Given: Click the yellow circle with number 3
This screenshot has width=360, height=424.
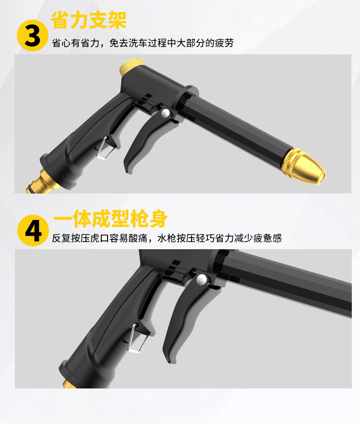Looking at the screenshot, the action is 33,36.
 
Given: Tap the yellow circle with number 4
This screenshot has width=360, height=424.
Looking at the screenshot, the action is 33,230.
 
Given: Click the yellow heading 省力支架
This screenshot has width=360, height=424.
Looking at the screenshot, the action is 89,20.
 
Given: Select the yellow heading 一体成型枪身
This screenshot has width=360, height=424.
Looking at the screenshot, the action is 110,218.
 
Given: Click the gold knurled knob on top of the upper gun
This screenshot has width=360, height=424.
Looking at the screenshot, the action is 132,67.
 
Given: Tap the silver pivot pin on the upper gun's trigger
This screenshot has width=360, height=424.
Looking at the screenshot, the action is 165,113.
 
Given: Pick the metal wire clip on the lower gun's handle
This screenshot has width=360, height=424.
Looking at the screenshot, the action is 137,339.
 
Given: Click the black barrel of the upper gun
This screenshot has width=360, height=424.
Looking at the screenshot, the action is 235,124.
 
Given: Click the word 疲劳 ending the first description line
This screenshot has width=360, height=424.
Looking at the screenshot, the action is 224,43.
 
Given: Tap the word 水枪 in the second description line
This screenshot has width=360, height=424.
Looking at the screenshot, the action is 167,238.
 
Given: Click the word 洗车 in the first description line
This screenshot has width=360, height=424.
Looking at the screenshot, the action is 138,43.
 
